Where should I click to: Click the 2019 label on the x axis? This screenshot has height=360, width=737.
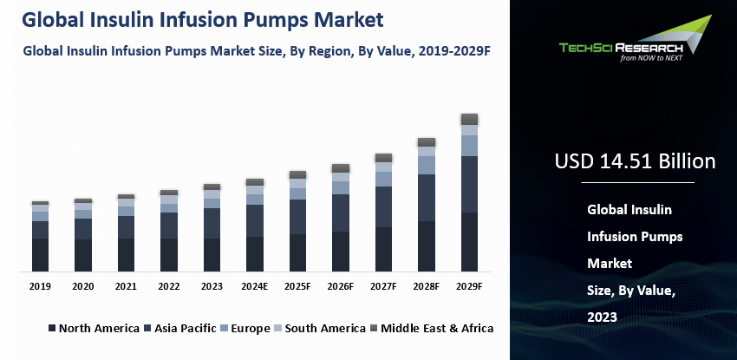click(40, 286)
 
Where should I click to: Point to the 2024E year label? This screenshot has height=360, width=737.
click(255, 286)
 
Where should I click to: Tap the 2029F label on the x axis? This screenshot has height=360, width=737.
click(469, 286)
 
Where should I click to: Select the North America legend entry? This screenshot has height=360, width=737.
click(93, 328)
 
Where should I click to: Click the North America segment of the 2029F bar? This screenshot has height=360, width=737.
click(469, 242)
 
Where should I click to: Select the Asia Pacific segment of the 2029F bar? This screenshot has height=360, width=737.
click(469, 185)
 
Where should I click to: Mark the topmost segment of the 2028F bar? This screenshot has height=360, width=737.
click(427, 142)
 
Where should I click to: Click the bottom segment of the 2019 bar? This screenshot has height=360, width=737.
click(40, 254)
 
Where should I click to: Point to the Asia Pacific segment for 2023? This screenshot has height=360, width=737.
click(212, 223)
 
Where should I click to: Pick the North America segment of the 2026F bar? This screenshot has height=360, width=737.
click(341, 251)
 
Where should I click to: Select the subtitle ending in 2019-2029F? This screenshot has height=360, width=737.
click(258, 51)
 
